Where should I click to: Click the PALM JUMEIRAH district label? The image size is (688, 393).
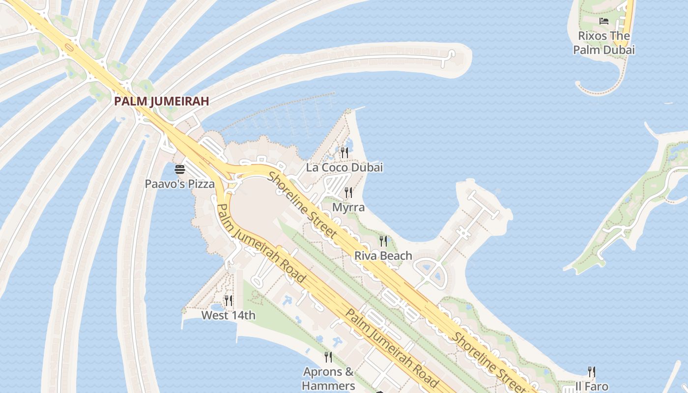(x=162, y=101)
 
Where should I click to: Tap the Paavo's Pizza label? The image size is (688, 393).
(x=179, y=184)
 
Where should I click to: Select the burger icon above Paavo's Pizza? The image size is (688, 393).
(x=180, y=169)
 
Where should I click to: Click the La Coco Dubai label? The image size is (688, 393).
(x=344, y=168)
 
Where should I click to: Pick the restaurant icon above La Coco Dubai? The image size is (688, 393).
(x=344, y=152)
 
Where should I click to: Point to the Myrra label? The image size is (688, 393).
(x=348, y=207)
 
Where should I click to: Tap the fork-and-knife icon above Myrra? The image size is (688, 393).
(x=348, y=192)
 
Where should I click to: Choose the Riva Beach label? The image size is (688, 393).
(x=383, y=255)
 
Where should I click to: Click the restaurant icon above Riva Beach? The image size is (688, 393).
(x=383, y=241)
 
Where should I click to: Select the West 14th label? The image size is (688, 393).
(x=229, y=315)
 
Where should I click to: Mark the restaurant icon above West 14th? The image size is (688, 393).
(x=229, y=300)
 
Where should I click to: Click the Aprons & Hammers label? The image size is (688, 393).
(x=328, y=378)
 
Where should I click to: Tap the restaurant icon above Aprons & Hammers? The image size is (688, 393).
(x=328, y=357)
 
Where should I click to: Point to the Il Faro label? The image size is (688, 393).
(x=592, y=387)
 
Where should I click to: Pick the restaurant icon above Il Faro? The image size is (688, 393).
(x=592, y=371)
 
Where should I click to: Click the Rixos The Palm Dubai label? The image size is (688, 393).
(x=604, y=43)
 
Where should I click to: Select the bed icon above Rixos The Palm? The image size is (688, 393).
(x=604, y=21)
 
